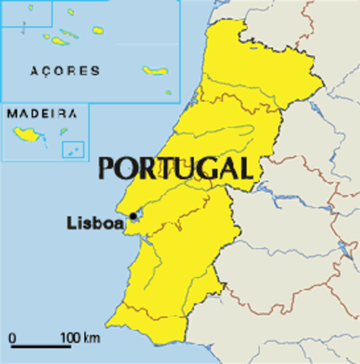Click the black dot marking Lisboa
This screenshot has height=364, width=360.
(133, 216)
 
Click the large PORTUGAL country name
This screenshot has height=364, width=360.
(175, 167)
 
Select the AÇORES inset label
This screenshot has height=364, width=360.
(65, 71)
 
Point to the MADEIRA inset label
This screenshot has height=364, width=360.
(42, 114)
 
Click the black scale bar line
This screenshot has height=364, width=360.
(41, 347)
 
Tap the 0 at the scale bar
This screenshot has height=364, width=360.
(13, 337)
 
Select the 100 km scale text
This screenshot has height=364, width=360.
(80, 337)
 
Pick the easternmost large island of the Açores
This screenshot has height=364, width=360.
(155, 71)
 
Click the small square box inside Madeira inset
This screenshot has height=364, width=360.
(72, 149)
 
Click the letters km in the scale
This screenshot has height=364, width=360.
(92, 337)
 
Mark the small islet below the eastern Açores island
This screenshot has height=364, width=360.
(168, 93)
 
